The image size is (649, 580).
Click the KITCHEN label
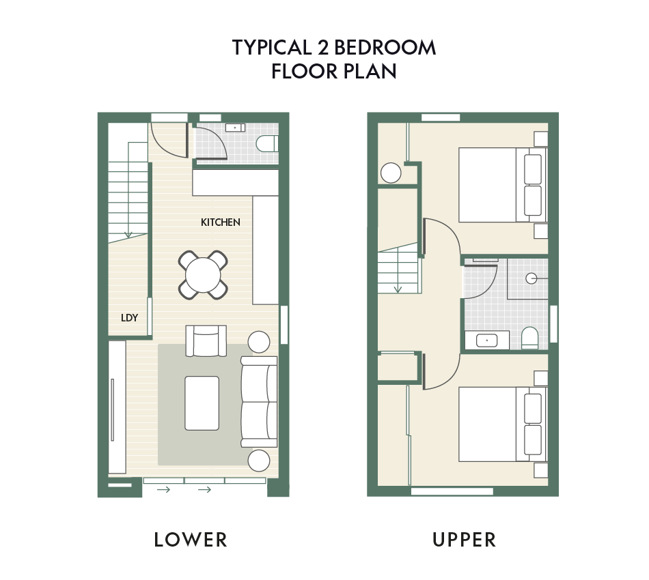(x=220, y=222)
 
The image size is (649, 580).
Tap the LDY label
(x=129, y=317)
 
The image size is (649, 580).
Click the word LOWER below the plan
(x=191, y=540)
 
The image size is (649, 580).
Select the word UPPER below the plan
(x=464, y=540)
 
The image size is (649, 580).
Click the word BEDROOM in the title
(x=385, y=48)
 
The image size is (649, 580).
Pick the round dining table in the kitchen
(x=203, y=275)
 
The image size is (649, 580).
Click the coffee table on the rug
(x=202, y=403)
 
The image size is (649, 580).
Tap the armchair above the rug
(x=206, y=340)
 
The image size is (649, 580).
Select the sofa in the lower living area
(x=259, y=402)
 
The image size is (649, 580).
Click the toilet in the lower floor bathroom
(x=267, y=144)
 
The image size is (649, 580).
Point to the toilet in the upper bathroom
(x=529, y=338)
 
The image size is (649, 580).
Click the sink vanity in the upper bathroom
(x=486, y=340)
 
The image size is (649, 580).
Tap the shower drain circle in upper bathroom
(x=531, y=278)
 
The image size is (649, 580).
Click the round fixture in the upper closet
(x=391, y=173)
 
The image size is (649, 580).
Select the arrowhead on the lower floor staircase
(x=128, y=235)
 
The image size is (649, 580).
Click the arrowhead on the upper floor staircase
(x=398, y=289)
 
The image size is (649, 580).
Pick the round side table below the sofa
(x=259, y=460)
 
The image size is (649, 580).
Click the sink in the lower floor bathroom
(x=235, y=128)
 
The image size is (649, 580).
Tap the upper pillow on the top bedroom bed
(x=533, y=169)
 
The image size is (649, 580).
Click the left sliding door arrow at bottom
(x=163, y=490)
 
